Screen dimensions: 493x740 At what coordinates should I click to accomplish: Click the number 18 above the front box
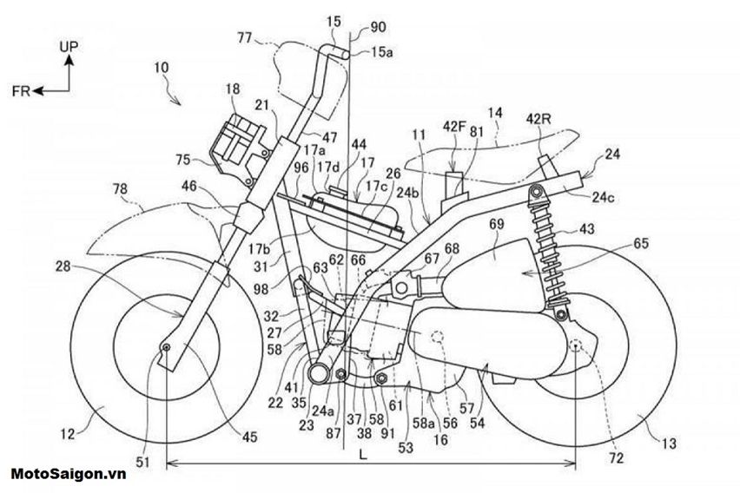232,89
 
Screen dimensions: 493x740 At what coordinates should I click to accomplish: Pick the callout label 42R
540,118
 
